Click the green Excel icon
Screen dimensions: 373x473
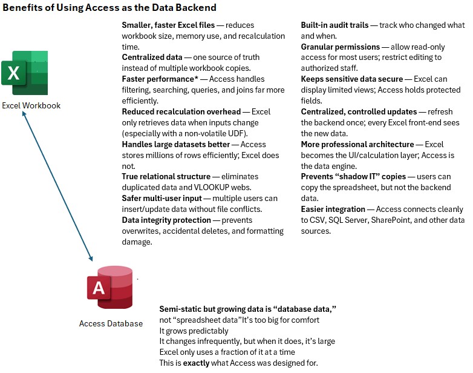[25, 73]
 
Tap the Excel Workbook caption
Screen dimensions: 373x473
[31, 105]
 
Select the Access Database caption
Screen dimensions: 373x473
[111, 323]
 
